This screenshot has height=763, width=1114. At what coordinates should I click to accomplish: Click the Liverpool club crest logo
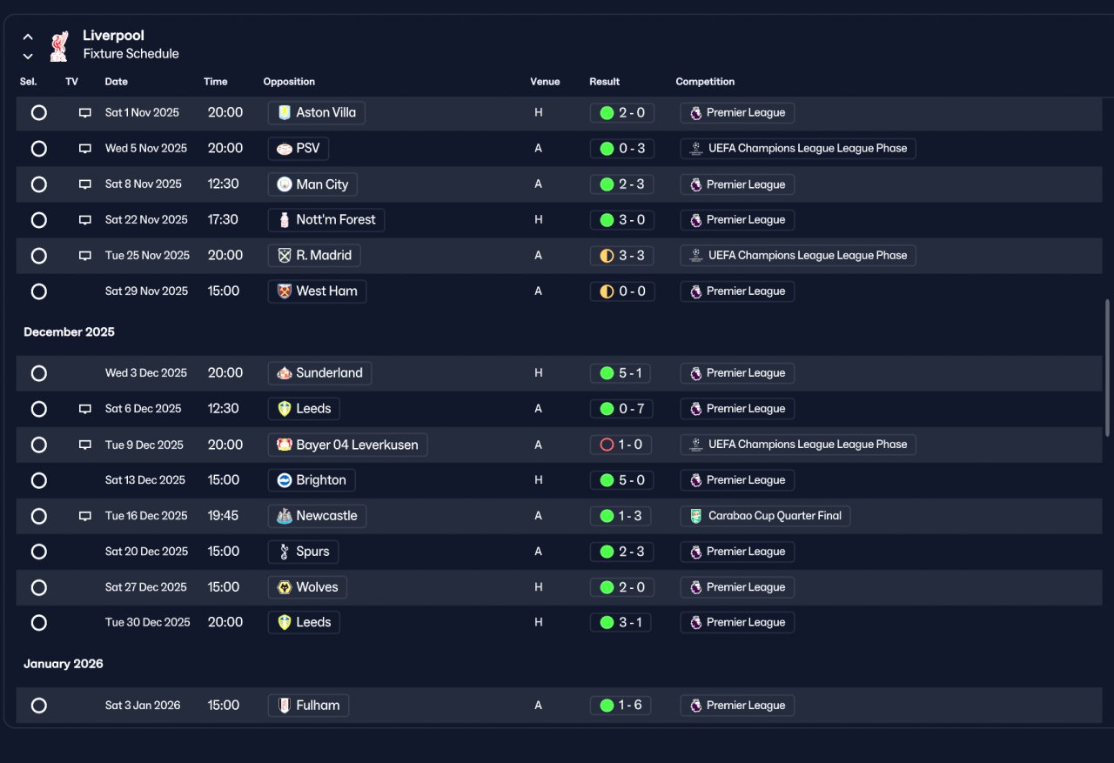59,46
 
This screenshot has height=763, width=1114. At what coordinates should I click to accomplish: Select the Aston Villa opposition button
316,113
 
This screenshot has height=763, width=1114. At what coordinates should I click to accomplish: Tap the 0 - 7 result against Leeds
621,409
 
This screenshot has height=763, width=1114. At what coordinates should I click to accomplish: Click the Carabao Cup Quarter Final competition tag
765,516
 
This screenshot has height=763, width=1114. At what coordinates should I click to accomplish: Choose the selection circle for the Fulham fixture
39,706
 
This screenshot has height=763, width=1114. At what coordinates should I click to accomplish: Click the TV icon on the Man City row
85,184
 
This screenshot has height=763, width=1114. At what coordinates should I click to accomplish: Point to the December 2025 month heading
69,332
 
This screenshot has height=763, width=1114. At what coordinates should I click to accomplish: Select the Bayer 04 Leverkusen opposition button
347,445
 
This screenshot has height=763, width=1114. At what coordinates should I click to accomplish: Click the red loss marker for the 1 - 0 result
607,445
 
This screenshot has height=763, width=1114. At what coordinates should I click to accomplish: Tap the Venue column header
545,82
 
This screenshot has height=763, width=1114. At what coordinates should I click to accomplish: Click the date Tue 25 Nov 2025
147,256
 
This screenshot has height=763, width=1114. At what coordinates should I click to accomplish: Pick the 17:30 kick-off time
223,220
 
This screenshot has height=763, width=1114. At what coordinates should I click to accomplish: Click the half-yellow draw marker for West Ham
607,291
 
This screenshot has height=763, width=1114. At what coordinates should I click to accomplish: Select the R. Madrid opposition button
314,256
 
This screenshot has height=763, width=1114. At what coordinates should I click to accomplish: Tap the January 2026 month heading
64,664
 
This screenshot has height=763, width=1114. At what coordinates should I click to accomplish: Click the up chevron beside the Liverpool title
28,37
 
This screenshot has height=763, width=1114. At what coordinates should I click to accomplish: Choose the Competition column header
705,82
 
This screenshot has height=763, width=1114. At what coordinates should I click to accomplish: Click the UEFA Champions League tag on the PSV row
798,149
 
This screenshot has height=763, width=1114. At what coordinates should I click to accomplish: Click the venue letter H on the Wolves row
538,587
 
